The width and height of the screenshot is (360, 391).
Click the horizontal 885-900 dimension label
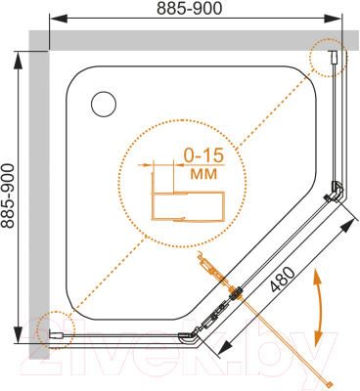tap(189, 9)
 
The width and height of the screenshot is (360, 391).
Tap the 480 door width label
tap(283, 279)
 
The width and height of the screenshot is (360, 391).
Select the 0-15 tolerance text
tap(204, 155)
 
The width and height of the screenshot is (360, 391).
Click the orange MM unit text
tap(203, 174)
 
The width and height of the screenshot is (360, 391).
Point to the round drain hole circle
tap(104, 105)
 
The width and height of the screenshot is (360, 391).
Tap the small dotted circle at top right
tap(329, 58)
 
